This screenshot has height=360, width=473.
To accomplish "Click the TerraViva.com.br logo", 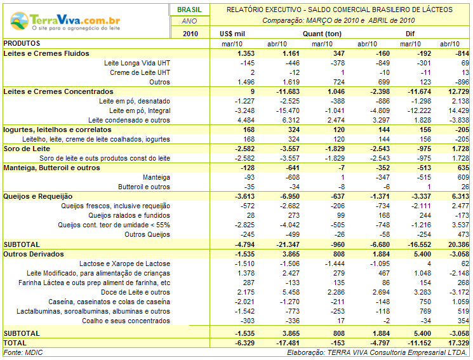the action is click(x=65, y=21).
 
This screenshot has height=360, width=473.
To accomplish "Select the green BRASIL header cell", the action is click(x=189, y=10).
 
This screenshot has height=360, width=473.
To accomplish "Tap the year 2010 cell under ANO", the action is click(x=190, y=34).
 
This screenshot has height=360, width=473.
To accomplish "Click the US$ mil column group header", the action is click(x=232, y=34).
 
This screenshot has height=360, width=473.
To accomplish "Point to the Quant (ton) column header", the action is click(x=322, y=34).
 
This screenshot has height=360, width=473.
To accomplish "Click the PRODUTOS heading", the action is click(x=22, y=43).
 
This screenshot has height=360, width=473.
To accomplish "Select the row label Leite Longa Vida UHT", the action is click(x=137, y=63).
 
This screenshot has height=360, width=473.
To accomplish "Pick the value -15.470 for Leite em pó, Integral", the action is click(x=288, y=110).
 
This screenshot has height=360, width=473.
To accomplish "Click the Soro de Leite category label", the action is click(x=27, y=149).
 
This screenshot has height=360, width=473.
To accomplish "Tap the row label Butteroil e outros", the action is click(x=144, y=187).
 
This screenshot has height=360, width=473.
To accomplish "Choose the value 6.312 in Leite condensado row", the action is click(x=291, y=121).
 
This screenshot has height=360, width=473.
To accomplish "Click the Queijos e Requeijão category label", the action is click(x=38, y=196).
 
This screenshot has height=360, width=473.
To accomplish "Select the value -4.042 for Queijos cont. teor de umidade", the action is click(x=290, y=225).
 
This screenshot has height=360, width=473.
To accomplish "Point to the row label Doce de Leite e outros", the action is click(x=135, y=293).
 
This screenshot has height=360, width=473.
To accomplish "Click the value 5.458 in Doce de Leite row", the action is click(x=291, y=293).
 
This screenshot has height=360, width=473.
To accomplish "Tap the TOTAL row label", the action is click(x=15, y=343).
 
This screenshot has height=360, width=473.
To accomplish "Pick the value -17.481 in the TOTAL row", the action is click(x=288, y=343).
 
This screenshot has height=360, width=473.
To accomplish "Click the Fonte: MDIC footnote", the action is click(x=23, y=352).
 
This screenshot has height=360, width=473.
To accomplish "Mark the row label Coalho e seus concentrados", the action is click(x=126, y=321).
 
